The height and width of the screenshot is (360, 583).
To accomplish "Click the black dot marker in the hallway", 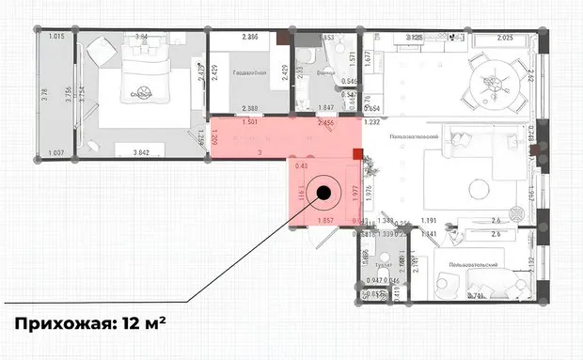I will [x=323, y=194].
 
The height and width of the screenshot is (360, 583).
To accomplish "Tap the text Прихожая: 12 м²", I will [x=89, y=324].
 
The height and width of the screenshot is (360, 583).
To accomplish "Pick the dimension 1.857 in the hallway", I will [x=329, y=221].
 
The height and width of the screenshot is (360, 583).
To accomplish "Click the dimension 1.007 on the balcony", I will [x=54, y=152].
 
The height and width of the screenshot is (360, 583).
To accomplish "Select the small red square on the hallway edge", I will [x=357, y=154].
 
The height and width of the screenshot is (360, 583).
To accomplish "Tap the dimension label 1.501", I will [x=249, y=122].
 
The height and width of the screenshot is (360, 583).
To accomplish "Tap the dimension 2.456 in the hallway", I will [x=327, y=122].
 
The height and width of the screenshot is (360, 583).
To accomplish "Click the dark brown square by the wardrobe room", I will [x=284, y=37].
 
